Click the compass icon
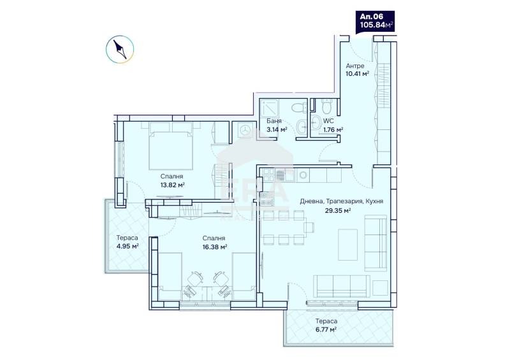119,50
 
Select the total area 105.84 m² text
375,25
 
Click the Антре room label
354,66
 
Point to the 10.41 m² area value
358,74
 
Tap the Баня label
274,120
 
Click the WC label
328,120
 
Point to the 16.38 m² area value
215,247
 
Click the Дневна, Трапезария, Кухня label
340,201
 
